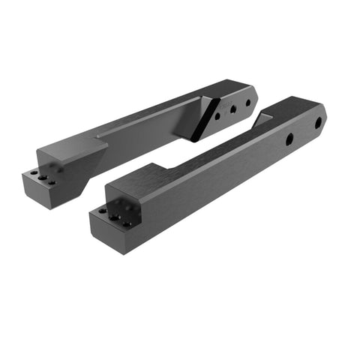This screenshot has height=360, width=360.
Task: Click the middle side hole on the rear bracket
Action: [x=232, y=109]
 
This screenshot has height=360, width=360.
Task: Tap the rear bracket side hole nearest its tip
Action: [x=248, y=103]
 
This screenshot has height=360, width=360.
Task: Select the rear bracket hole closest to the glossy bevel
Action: [x=217, y=116]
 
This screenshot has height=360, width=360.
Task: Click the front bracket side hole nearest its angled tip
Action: [x=318, y=122]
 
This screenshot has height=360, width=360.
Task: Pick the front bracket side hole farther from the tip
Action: [x=289, y=139]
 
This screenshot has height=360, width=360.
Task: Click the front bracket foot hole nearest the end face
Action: [x=103, y=212]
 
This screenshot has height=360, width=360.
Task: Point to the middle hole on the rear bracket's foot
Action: [x=42, y=177]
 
